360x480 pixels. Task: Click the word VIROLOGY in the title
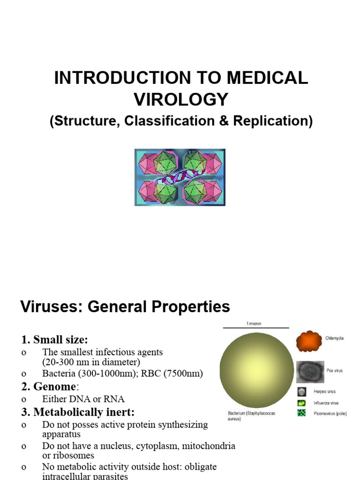click(181, 99)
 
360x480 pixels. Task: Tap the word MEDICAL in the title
click(263, 78)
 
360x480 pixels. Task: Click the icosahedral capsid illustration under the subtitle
click(180, 177)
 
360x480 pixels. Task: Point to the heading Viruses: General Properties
click(125, 307)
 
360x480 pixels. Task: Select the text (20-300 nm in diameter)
click(91, 362)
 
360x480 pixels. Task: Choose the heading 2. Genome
click(48, 387)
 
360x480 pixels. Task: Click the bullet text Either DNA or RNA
click(83, 399)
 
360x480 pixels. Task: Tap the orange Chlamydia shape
click(309, 341)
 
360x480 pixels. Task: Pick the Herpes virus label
click(337, 391)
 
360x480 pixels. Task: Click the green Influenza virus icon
click(302, 403)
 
